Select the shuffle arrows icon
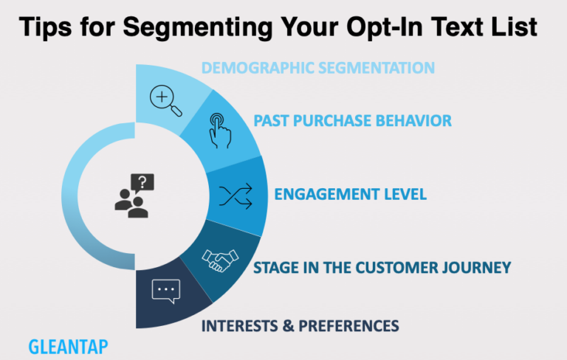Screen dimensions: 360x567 pos(236,195)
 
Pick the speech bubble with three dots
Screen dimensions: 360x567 pos(166,291)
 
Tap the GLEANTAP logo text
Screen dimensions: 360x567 pos(69,346)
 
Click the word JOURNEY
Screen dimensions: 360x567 pos(476,267)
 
